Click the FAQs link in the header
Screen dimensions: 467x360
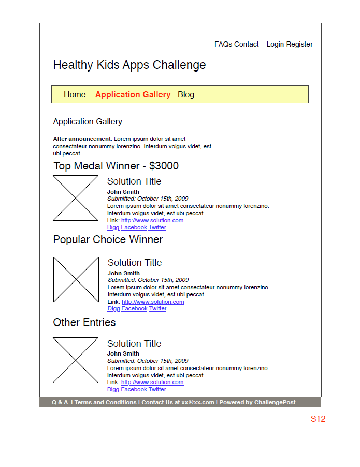pos(223,45)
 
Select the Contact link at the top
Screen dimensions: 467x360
pos(247,45)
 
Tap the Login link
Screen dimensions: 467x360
pos(275,45)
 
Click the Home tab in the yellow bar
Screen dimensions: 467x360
pos(75,94)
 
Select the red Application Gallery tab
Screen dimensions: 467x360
pos(133,94)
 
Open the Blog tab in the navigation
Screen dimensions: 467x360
pos(186,94)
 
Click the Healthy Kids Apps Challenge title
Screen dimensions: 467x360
pos(129,65)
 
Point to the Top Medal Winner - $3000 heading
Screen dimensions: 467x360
pos(116,166)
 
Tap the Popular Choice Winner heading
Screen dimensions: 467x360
pos(108,239)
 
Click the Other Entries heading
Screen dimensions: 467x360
pos(84,322)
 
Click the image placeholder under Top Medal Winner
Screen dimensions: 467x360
pos(76,198)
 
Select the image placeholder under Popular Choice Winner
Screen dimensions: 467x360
pos(76,279)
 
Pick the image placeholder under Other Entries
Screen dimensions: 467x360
pos(76,360)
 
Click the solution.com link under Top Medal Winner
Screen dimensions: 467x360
pos(152,220)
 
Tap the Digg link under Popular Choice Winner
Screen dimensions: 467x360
pos(113,308)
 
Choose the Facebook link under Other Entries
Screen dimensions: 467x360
pos(134,389)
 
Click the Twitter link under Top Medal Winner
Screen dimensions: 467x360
pos(157,227)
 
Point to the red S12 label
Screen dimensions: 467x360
pos(318,419)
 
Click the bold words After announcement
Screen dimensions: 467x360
pos(82,139)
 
